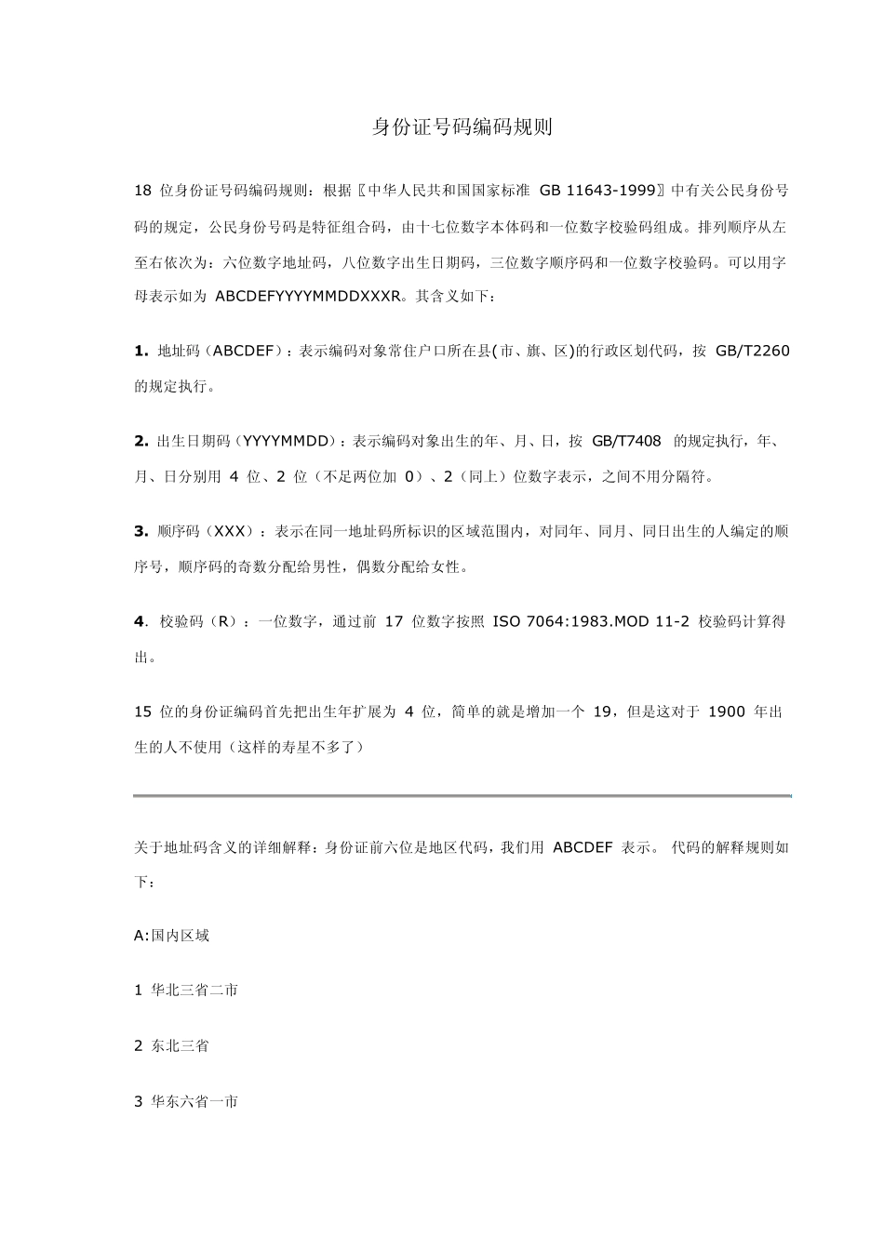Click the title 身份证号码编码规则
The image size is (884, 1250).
pos(462,127)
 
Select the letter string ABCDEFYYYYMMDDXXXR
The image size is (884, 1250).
pos(308,297)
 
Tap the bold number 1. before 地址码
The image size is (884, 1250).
pos(141,351)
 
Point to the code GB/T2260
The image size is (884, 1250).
pos(753,351)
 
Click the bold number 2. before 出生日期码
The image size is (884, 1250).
pos(141,441)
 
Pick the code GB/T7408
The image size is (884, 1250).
pos(626,441)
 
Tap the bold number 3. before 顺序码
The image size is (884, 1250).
pos(141,531)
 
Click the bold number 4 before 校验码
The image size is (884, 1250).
pos(139,621)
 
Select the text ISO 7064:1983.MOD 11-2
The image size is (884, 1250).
pos(591,621)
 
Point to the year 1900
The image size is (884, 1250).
pos(727,711)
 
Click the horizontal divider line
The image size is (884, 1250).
pos(462,796)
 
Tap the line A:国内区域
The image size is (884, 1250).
pos(172,936)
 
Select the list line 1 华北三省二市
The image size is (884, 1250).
pos(186,991)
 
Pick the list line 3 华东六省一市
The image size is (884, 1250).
pos(186,1102)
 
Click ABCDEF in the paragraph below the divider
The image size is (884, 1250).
pos(583,847)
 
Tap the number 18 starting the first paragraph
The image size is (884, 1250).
pos(142,191)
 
